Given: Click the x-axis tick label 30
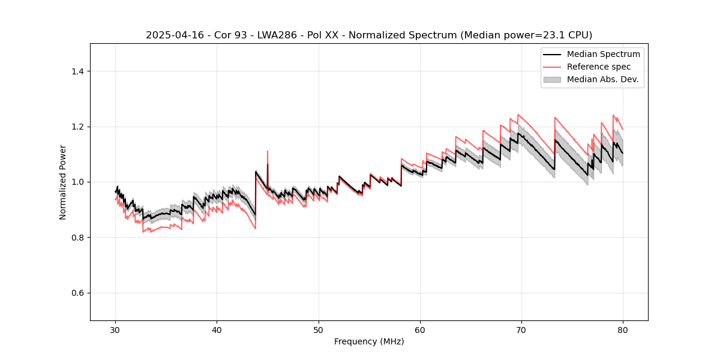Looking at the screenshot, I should point(116,330).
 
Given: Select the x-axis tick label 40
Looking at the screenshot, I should point(217,330).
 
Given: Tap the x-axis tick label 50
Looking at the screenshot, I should point(319,330).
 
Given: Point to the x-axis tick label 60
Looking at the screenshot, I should point(420,330).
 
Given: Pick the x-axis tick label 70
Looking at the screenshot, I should point(521,330).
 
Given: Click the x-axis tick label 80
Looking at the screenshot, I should point(623,330).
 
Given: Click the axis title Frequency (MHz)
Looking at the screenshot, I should point(369,341).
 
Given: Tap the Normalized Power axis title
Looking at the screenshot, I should point(63,182).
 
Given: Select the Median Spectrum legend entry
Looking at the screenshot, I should point(603,54).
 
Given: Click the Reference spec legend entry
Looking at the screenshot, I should point(598,67).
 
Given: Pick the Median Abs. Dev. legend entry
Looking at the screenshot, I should point(602,79).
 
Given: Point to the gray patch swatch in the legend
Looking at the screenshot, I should point(552,79).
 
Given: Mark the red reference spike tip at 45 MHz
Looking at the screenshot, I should point(268,151).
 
